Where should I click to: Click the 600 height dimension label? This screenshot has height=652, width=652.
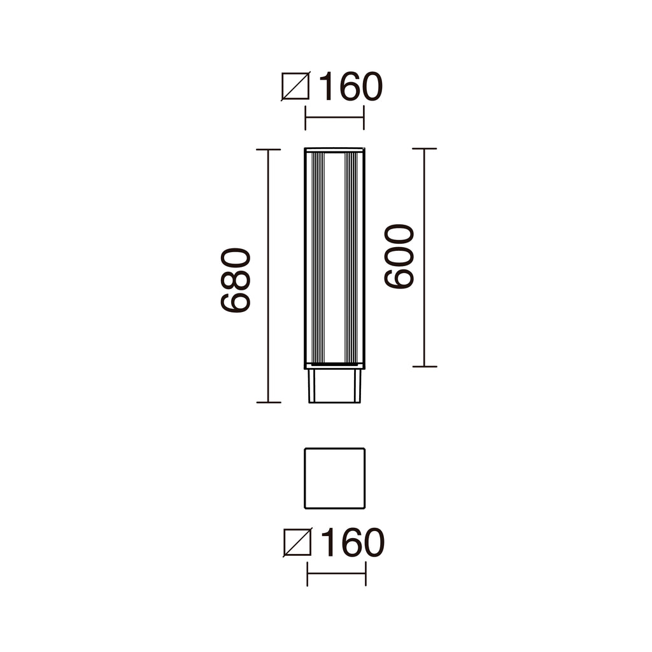pyautogui.click(x=399, y=256)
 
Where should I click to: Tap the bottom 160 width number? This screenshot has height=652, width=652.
pyautogui.click(x=351, y=543)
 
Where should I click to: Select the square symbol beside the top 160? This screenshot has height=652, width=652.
pyautogui.click(x=295, y=87)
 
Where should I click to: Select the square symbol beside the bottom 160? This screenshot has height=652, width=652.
pyautogui.click(x=297, y=543)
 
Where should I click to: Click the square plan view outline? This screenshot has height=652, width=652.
pyautogui.click(x=334, y=478)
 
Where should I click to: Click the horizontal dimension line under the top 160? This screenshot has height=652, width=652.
pyautogui.click(x=334, y=118)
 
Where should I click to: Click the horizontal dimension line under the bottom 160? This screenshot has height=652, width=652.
pyautogui.click(x=336, y=574)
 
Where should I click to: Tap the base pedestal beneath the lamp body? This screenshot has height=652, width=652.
pyautogui.click(x=334, y=386)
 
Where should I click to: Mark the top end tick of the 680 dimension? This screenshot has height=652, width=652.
pyautogui.click(x=268, y=150)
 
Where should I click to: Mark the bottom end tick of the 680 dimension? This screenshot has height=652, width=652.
pyautogui.click(x=268, y=402)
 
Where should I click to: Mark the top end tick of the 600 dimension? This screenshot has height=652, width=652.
pyautogui.click(x=425, y=148)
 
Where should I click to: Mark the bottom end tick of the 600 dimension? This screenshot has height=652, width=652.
pyautogui.click(x=425, y=367)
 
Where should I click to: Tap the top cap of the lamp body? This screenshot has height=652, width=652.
pyautogui.click(x=334, y=150)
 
